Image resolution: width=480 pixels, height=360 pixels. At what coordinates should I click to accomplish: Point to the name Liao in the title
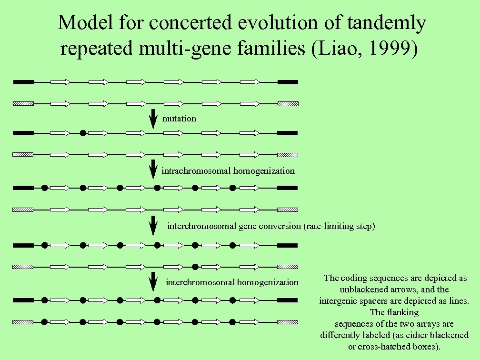(x=340, y=49)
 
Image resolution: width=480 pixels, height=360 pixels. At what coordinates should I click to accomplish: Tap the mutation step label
(x=179, y=119)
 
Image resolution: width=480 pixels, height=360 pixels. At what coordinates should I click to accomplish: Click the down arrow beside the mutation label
(x=153, y=119)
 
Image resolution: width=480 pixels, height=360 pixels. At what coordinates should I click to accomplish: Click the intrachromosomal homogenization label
(x=228, y=171)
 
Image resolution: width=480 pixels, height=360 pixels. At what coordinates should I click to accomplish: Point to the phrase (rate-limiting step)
(x=339, y=226)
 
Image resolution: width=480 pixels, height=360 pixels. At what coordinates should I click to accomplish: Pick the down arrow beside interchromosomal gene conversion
(x=153, y=225)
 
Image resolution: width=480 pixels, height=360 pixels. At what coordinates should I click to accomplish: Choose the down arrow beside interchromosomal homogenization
(x=153, y=281)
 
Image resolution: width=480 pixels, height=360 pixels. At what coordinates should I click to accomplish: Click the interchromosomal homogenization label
(x=232, y=282)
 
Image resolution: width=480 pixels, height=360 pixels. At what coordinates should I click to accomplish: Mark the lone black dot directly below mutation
(x=83, y=133)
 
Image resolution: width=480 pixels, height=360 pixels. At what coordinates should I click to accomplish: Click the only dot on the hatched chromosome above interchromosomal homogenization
(x=195, y=266)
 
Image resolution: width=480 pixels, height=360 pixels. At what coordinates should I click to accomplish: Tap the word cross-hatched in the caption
(x=386, y=345)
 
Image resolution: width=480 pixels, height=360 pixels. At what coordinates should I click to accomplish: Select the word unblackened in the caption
(x=362, y=289)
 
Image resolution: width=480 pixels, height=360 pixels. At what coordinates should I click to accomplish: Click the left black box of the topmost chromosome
(x=23, y=82)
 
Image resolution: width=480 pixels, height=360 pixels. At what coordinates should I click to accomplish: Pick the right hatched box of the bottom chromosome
(x=288, y=322)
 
